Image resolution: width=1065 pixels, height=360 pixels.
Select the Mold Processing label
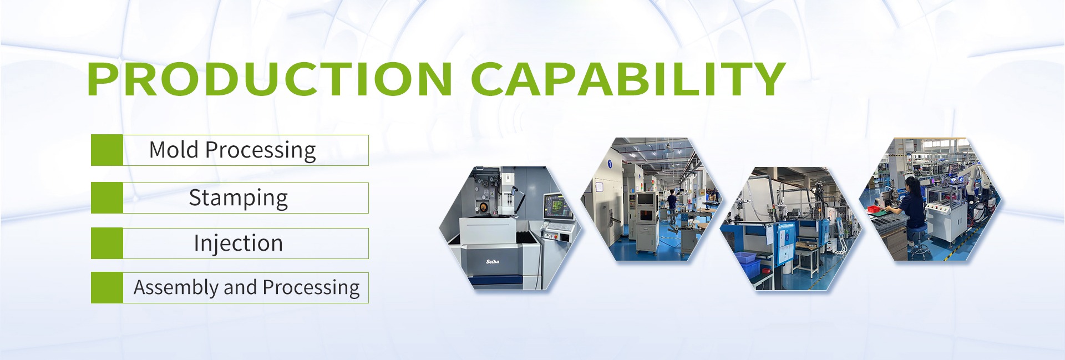(x=232, y=150)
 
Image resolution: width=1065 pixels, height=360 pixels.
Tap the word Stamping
(x=239, y=198)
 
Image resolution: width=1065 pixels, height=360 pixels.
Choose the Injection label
(x=239, y=244)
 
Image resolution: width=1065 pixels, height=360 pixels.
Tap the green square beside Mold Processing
(x=107, y=150)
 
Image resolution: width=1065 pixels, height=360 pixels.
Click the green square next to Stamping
(x=107, y=198)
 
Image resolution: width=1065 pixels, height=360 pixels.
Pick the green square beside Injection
(x=107, y=244)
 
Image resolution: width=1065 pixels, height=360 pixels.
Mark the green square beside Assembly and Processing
(x=107, y=287)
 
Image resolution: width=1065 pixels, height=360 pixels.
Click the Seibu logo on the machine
(x=493, y=262)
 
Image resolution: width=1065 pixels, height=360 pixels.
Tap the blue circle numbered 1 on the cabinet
(x=610, y=164)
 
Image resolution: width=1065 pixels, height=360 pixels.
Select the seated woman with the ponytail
(x=910, y=205)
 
